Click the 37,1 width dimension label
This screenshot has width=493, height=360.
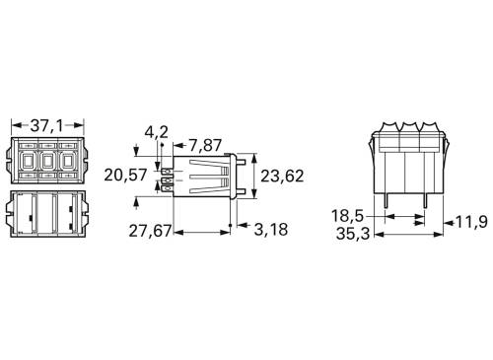48,126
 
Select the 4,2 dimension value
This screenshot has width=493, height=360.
156,131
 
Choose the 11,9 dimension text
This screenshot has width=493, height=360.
470,223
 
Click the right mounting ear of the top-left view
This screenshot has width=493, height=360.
83,159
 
